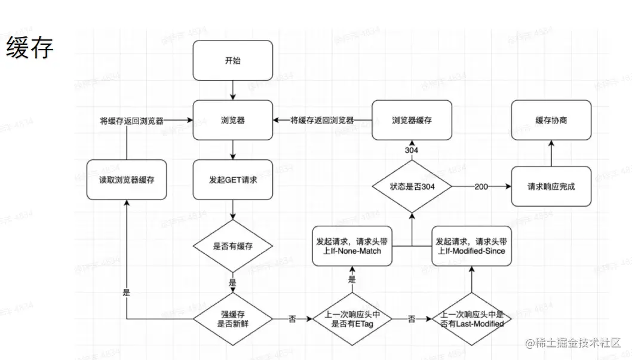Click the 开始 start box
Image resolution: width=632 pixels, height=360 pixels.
(232, 61)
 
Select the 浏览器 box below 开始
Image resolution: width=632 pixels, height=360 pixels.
(232, 120)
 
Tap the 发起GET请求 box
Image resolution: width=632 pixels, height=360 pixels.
(232, 179)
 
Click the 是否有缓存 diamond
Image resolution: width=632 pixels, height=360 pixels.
(232, 246)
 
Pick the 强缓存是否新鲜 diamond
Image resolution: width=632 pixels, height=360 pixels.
(232, 319)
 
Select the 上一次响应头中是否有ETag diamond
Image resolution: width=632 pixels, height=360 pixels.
(352, 319)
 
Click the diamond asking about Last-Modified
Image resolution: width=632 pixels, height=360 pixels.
(471, 319)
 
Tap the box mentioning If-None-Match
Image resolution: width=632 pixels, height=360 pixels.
(352, 246)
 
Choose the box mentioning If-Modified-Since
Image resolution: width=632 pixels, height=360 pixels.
(471, 246)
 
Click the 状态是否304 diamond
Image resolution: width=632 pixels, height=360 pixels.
(412, 186)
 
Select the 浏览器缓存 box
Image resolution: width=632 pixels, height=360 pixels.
(412, 120)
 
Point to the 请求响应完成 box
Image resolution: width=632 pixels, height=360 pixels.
(551, 186)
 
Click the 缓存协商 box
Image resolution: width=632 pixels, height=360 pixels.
(551, 120)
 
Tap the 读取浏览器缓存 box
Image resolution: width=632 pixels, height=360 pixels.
(126, 179)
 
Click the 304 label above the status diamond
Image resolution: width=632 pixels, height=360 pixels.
(412, 149)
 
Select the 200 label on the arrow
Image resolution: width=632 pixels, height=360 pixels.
(481, 186)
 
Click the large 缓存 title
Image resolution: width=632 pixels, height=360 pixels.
(29, 48)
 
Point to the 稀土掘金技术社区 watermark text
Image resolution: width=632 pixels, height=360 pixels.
(573, 343)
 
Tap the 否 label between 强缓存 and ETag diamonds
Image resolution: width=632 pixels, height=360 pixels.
(292, 319)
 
